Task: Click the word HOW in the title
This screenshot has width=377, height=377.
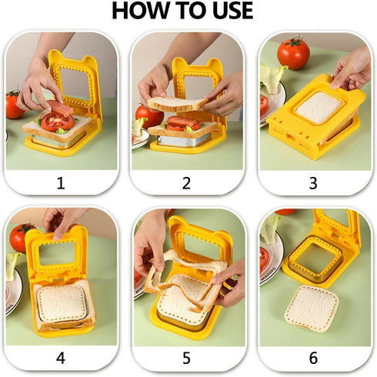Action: (x=142, y=12)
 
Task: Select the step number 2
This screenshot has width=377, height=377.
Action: (x=187, y=182)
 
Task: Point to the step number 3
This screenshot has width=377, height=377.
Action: (x=313, y=182)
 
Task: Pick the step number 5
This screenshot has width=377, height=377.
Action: (x=187, y=358)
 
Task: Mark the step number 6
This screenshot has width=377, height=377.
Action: (x=313, y=358)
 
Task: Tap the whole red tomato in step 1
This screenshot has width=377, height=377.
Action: (x=14, y=105)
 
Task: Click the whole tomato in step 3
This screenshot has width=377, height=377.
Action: (x=293, y=54)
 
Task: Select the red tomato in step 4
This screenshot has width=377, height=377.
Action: (x=20, y=238)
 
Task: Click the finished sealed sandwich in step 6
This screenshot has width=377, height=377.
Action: (x=311, y=308)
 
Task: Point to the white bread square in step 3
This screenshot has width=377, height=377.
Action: (x=319, y=108)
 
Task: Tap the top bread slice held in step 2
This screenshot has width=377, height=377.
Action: (x=178, y=103)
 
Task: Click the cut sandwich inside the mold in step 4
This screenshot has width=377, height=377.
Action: (x=62, y=303)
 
